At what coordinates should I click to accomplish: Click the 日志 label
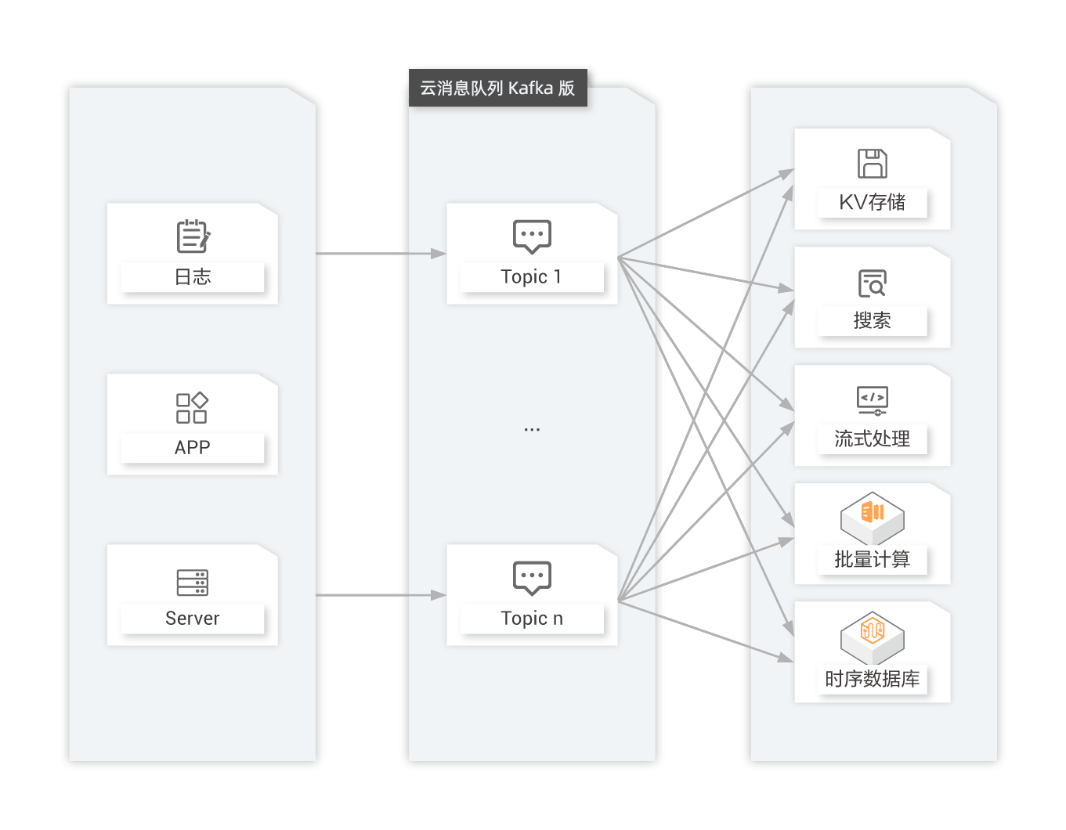pos(193,277)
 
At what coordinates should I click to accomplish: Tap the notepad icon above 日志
pos(193,236)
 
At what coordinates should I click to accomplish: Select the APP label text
pos(193,448)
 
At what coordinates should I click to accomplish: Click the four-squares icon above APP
pos(192,408)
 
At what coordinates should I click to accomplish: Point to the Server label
pos(193,619)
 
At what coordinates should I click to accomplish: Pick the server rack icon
pos(193,583)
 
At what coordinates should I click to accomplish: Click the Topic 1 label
pos(531,277)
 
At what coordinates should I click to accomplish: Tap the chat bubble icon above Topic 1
pos(532,236)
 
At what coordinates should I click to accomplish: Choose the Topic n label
pos(532,619)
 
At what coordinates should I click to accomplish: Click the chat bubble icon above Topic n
pos(532,577)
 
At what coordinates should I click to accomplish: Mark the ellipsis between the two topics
pos(532,430)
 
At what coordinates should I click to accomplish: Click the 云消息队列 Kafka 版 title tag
pos(497,88)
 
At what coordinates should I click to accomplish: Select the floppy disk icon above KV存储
pos(873,164)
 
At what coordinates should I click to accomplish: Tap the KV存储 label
pos(873,203)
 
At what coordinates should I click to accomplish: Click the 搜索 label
pos(873,321)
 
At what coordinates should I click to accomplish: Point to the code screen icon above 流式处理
pos(873,400)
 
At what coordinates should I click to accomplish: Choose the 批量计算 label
pos(873,560)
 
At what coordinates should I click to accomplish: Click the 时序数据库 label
pos(873,679)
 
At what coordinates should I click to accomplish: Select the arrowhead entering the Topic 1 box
pos(439,254)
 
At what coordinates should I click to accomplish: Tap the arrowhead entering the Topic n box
pos(439,595)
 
